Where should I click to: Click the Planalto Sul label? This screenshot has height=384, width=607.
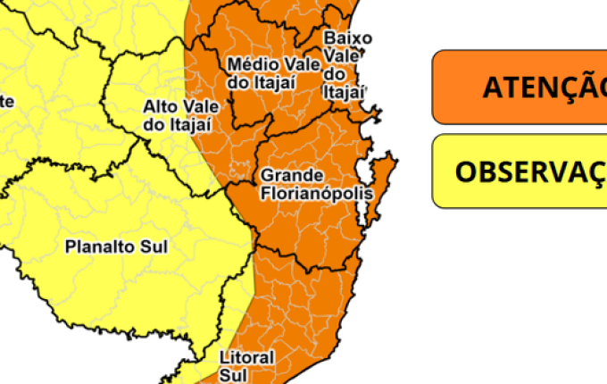pos(116,246)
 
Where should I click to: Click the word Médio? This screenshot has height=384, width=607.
pos(246,64)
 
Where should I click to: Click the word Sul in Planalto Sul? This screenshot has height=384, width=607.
pos(154,246)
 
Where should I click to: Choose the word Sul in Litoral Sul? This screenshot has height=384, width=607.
pos(231,377)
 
